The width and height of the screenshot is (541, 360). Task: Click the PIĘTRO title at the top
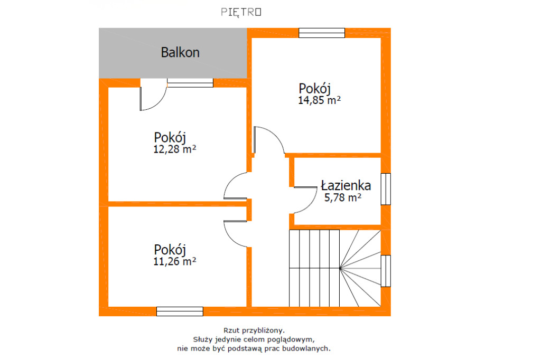[241, 13]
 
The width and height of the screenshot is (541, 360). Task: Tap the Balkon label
[180, 52]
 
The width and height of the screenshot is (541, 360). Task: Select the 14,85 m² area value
[319, 100]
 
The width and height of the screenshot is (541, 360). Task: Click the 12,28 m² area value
[174, 149]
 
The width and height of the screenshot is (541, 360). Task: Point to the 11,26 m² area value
[174, 261]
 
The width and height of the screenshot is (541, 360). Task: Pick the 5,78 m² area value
[342, 197]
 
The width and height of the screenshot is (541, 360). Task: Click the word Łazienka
[346, 185]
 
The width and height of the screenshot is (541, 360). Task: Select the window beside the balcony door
[190, 83]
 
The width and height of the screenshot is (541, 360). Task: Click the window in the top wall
[322, 33]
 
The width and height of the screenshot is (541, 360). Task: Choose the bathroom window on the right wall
[386, 189]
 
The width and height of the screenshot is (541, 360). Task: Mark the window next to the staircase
[386, 271]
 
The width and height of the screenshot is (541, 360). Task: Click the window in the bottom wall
[180, 311]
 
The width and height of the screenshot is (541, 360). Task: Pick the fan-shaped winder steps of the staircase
[360, 268]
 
